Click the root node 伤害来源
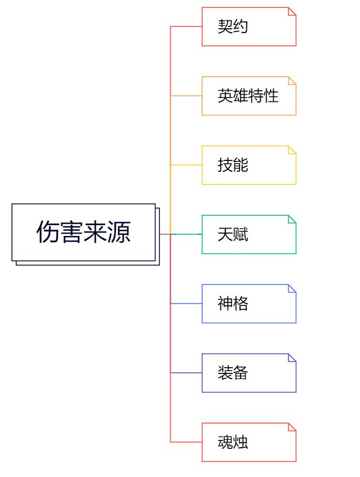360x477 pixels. click(x=83, y=232)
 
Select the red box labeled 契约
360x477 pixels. click(x=248, y=26)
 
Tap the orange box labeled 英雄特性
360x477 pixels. click(x=248, y=96)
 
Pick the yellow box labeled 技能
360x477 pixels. click(x=248, y=165)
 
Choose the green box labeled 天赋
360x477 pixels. click(x=248, y=234)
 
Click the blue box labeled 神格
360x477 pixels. click(x=248, y=304)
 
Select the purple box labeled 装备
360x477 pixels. click(x=248, y=373)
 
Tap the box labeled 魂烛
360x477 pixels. click(x=248, y=442)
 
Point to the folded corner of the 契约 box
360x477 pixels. click(x=292, y=11)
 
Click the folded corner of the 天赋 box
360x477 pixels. click(x=292, y=219)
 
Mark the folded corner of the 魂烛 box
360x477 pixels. click(x=292, y=426)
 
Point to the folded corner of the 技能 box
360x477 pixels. click(x=292, y=149)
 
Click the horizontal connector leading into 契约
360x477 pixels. click(x=186, y=26)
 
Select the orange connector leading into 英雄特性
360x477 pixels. click(x=186, y=96)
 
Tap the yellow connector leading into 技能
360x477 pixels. click(x=186, y=165)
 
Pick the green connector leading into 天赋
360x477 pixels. click(x=189, y=234)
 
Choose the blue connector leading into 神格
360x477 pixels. click(x=186, y=304)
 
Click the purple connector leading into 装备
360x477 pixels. click(x=186, y=373)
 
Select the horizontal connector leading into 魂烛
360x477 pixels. click(x=186, y=442)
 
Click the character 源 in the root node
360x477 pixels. click(x=119, y=232)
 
